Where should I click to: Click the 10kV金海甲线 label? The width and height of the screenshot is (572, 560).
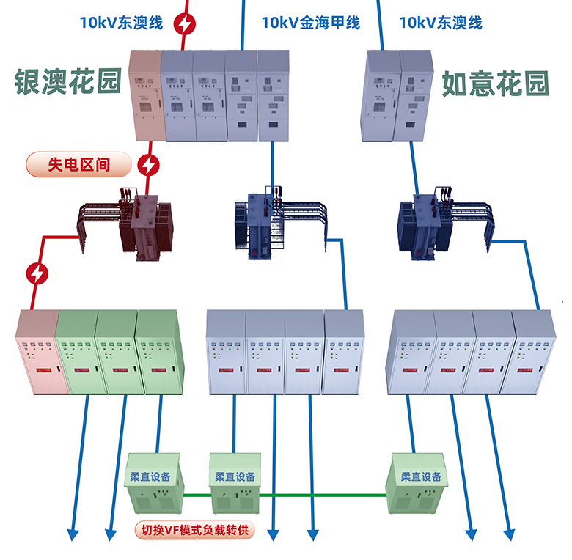(x=310, y=23)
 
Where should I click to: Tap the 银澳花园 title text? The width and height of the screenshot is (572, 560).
(x=67, y=83)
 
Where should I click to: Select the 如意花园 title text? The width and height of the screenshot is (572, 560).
(x=495, y=85)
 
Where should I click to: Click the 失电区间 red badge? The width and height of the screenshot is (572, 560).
(x=78, y=164)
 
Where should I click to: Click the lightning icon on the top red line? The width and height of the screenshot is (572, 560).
(x=185, y=24)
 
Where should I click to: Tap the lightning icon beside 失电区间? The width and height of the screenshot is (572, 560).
(x=149, y=166)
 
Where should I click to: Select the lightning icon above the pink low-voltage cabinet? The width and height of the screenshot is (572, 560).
(x=37, y=274)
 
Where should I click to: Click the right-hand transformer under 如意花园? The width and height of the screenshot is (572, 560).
(x=420, y=224)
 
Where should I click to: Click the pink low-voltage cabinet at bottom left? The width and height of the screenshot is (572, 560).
(x=37, y=352)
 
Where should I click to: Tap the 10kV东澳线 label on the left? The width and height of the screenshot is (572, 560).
(x=121, y=22)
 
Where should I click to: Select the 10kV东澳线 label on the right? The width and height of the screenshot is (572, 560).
(x=440, y=23)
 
